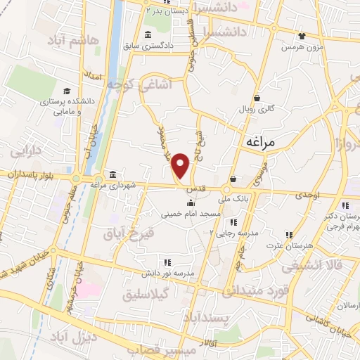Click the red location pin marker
pos(181,165)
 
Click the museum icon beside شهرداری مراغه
pos(112,174)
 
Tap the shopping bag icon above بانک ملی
pos(232,179)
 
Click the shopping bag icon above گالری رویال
pos(257,97)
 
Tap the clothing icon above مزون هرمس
pos(302,36)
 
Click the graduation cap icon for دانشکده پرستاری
pos(66,91)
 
